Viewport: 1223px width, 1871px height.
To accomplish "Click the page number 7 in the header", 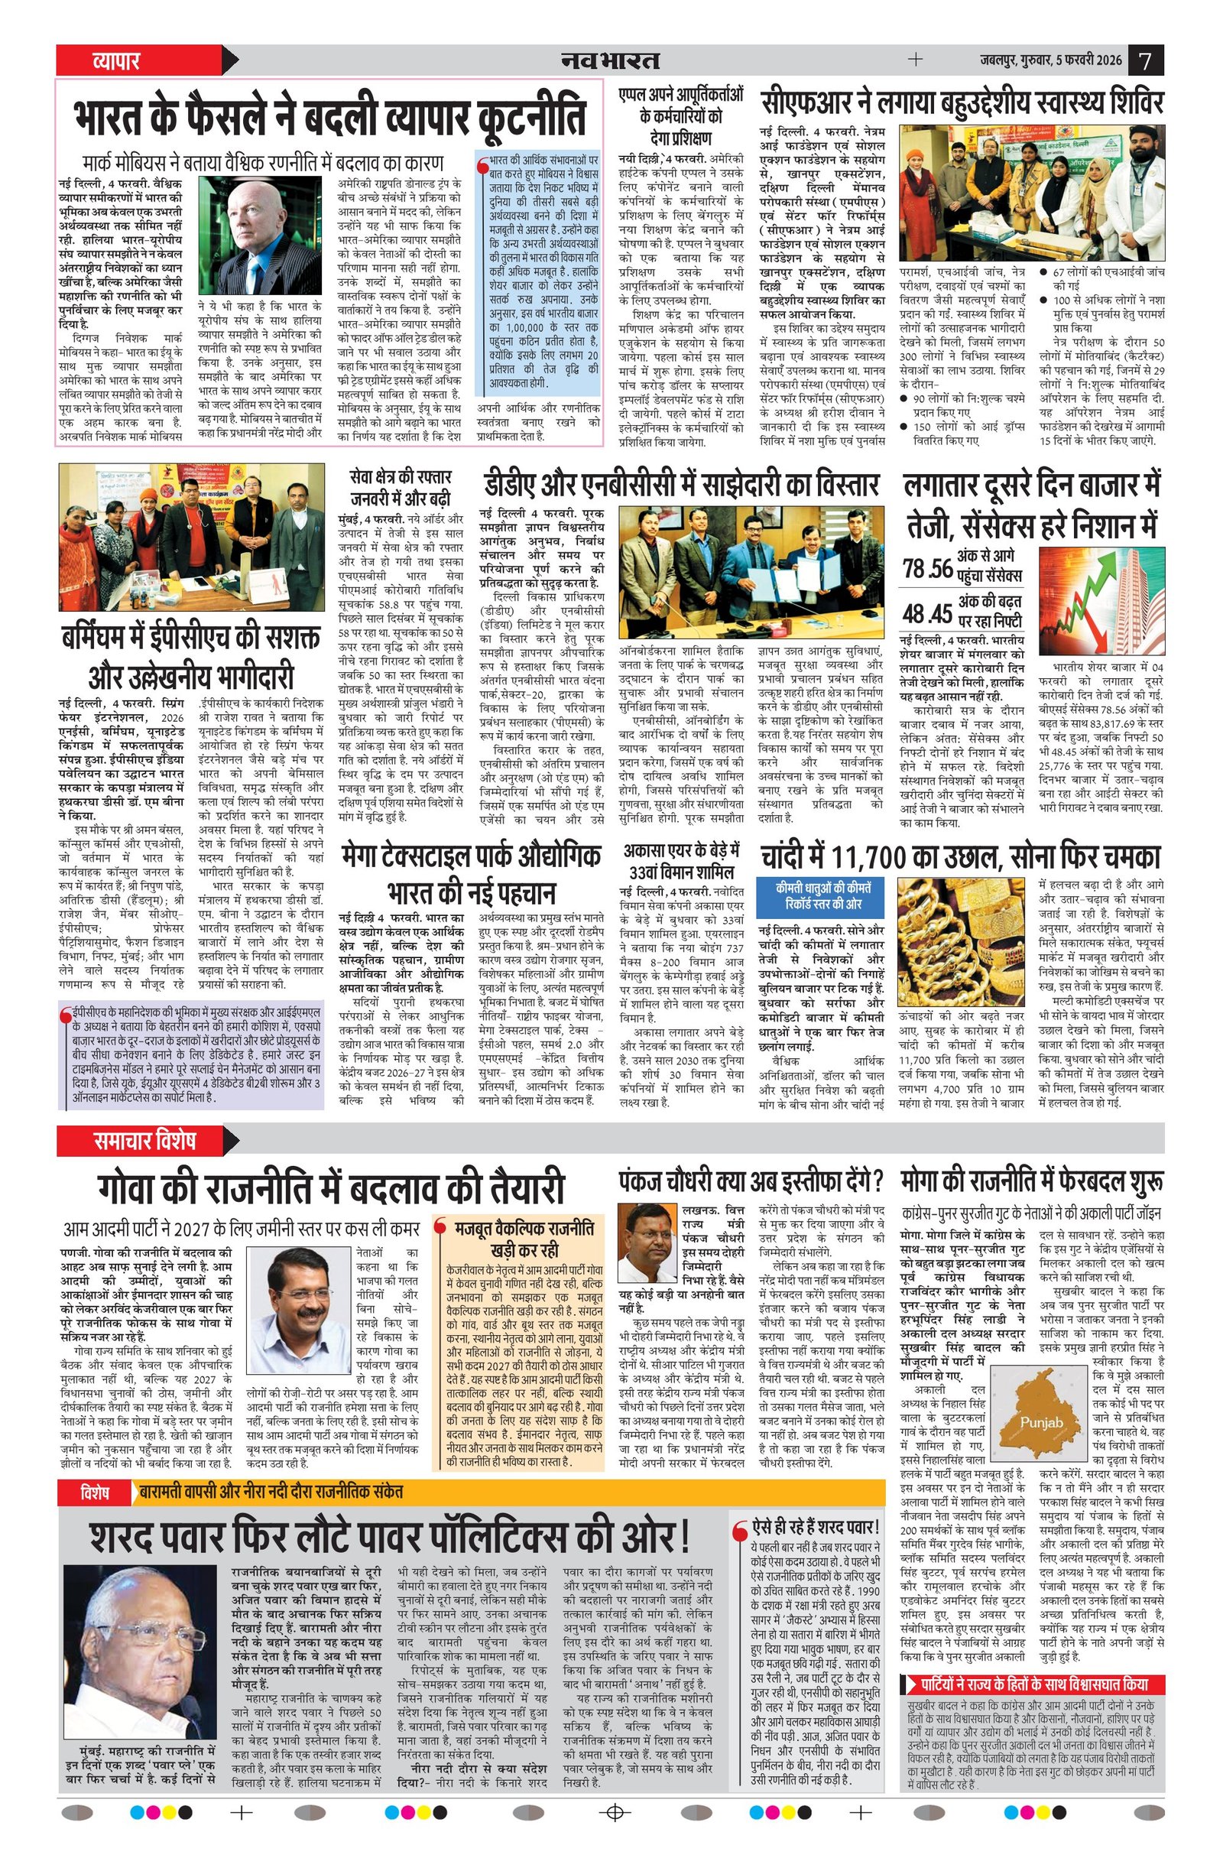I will (1146, 60).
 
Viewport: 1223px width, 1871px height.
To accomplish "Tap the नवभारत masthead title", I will (610, 60).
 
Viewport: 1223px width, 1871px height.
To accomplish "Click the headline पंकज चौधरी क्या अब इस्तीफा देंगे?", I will (750, 1181).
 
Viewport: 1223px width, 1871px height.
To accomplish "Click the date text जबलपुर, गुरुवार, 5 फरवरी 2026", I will (1050, 60).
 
